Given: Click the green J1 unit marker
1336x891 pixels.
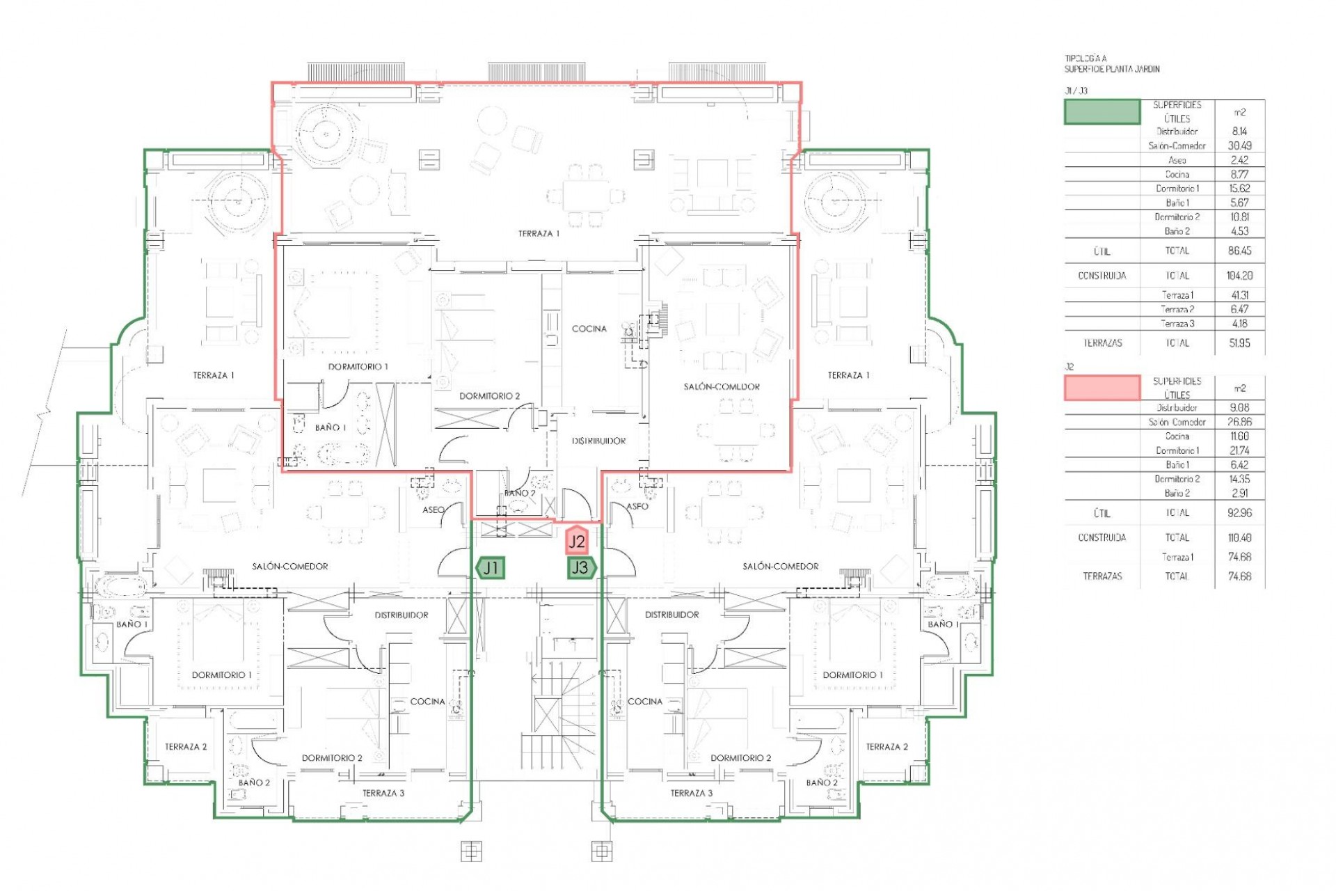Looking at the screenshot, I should (491, 568).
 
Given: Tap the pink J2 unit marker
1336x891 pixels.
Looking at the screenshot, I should (577, 541).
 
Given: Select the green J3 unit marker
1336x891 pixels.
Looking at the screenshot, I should (580, 568).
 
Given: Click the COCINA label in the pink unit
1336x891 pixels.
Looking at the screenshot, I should (589, 329).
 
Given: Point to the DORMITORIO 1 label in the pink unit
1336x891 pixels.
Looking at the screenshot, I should (358, 367).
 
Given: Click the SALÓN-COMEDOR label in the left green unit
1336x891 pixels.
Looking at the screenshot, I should (290, 567).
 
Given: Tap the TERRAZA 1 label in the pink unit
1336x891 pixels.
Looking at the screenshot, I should (539, 234).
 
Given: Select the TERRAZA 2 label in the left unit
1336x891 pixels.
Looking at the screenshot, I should (186, 747).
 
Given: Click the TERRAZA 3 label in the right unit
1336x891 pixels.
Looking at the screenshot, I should (691, 793).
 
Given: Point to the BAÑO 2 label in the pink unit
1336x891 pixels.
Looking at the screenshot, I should (520, 494).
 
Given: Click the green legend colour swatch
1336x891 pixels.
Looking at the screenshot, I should (1102, 112).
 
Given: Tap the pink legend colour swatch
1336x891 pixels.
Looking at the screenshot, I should (1102, 388).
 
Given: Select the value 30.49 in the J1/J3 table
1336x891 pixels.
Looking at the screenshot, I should (1239, 146).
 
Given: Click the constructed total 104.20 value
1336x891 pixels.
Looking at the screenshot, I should (1239, 276).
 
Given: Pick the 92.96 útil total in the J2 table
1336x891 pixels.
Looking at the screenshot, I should (1239, 513).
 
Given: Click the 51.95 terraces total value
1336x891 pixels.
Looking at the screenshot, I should (1239, 343).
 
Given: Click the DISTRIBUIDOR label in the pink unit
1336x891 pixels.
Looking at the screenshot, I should (598, 441).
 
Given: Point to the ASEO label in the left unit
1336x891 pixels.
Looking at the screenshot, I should (434, 510).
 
